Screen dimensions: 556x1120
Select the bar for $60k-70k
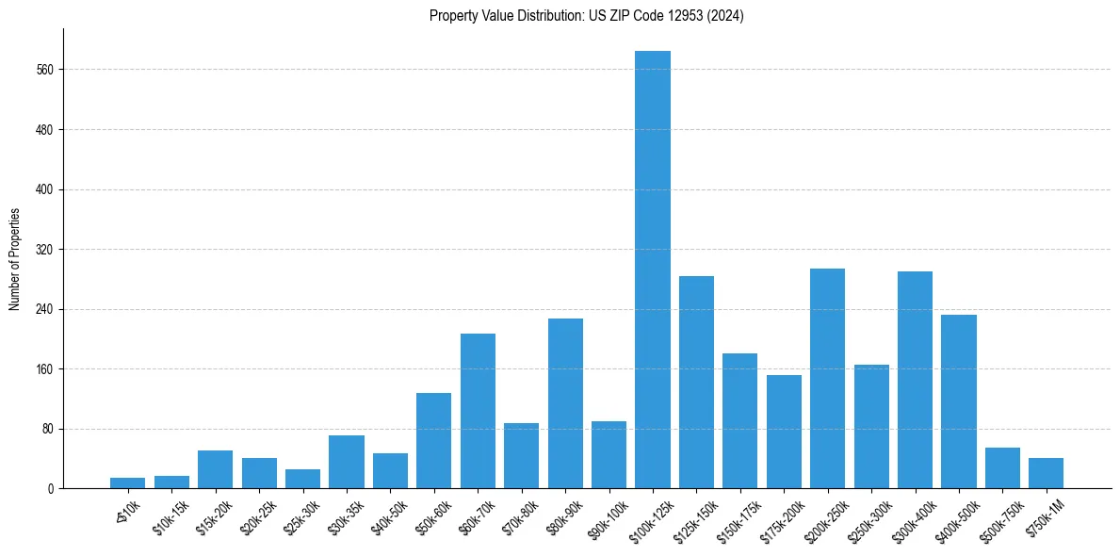pos(478,411)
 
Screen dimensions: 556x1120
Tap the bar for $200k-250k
pos(827,379)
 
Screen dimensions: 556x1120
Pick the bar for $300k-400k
pos(915,380)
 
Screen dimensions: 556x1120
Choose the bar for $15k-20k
pos(215,469)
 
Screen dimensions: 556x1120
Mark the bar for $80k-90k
pos(565,403)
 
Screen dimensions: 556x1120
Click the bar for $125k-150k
pos(696,383)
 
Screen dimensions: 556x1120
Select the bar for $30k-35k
pos(347,462)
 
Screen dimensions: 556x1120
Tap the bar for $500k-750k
pos(1002,468)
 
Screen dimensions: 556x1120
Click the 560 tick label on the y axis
pos(45,70)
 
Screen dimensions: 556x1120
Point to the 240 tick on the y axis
pos(45,309)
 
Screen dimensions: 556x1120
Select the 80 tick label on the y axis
pos(48,429)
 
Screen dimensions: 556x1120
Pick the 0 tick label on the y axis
pos(51,489)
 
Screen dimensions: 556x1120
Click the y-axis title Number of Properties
pos(15,259)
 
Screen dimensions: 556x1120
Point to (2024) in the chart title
pos(722,16)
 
